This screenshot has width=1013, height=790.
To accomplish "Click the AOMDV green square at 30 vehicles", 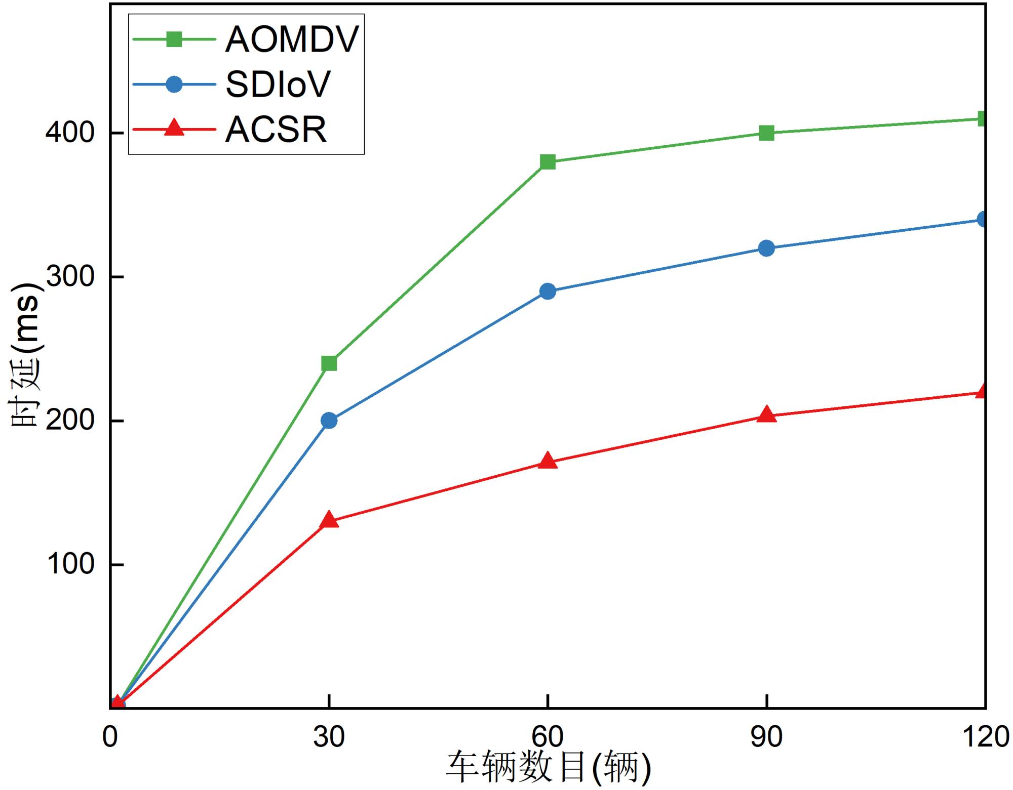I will (x=329, y=363).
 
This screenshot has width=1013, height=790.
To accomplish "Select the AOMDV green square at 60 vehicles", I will (x=548, y=162).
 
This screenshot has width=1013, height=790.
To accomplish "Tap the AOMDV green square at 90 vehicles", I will (x=766, y=133).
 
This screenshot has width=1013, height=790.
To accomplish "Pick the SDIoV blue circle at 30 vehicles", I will (x=329, y=421).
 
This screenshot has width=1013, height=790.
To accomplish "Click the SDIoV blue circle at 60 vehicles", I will (x=548, y=291).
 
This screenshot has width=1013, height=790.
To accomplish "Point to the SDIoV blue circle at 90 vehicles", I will (x=766, y=248).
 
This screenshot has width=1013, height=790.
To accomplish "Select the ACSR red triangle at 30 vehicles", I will (x=329, y=520).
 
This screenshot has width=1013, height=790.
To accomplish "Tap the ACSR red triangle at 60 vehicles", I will (x=548, y=461).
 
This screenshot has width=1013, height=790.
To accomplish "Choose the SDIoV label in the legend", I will (x=278, y=85).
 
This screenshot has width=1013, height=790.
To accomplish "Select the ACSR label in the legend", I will (x=276, y=130).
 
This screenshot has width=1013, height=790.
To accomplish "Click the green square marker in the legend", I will (x=174, y=39).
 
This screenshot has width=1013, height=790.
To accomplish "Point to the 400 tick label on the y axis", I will (x=70, y=133).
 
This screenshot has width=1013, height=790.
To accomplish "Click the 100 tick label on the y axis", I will (x=70, y=564).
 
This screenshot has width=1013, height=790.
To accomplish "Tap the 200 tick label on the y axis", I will (x=70, y=420).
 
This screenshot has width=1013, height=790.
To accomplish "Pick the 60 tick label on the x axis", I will (x=548, y=737).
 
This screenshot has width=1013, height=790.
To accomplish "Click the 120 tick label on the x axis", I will (x=985, y=737).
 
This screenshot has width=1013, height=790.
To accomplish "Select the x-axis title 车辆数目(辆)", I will (x=548, y=768).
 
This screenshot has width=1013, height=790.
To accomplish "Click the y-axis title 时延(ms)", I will (x=25, y=354).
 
